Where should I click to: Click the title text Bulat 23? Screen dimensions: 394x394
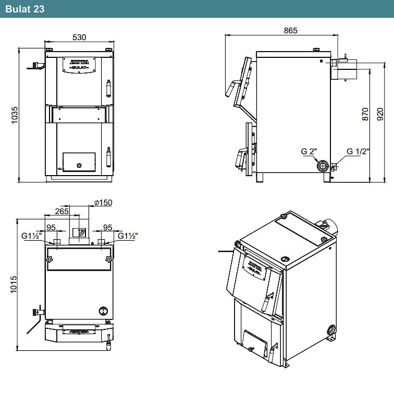(24, 9)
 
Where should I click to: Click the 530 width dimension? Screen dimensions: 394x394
(79, 38)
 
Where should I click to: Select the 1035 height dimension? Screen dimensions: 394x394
(15, 115)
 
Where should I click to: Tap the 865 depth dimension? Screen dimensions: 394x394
(290, 31)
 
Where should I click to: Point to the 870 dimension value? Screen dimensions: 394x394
(365, 114)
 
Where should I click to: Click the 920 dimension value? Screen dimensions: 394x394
(380, 114)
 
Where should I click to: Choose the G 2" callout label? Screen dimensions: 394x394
(309, 152)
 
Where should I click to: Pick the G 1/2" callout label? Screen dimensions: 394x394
(358, 152)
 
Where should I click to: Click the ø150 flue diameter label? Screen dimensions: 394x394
(103, 203)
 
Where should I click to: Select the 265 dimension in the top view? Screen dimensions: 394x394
(62, 211)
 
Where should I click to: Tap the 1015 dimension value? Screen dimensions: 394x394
(14, 285)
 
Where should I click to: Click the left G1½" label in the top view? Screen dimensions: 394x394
(31, 236)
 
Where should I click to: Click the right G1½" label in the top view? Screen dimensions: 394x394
(128, 236)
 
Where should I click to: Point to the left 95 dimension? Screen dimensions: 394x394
(51, 228)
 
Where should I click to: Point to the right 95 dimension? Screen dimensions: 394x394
(107, 228)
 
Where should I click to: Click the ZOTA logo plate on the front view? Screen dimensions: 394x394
(79, 65)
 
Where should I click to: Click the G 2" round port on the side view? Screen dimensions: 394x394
(323, 166)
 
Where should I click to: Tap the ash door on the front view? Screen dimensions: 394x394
(79, 162)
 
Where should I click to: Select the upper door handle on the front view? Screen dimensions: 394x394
(108, 89)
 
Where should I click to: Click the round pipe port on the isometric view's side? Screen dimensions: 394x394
(331, 329)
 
